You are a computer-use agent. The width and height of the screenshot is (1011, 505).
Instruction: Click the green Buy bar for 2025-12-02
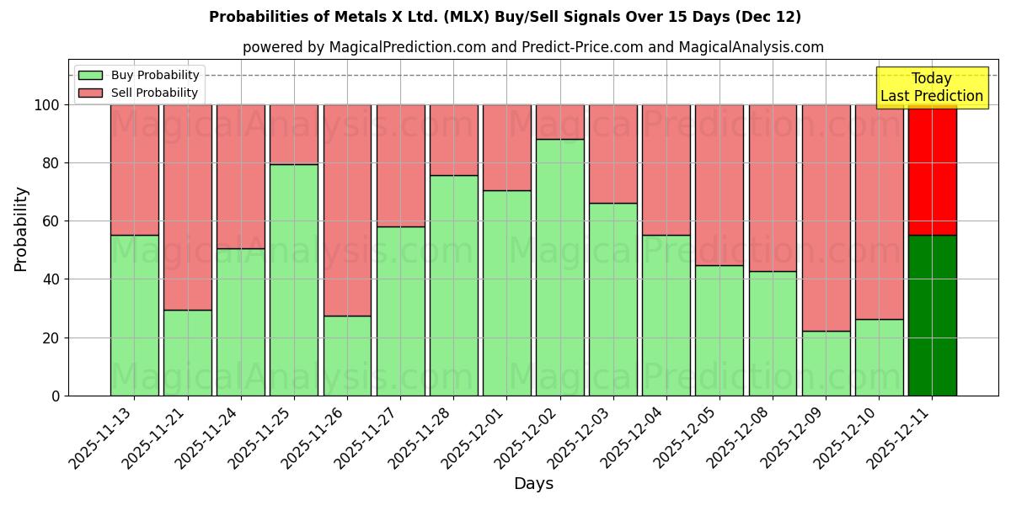pos(560,268)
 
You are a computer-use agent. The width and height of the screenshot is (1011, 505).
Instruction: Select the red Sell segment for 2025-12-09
pos(826,217)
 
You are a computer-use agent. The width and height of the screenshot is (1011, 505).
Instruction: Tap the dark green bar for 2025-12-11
pos(933,316)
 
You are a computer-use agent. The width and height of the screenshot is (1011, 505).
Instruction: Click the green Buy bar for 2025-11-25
pos(294,280)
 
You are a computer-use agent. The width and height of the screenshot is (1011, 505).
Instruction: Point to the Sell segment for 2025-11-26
pos(347,210)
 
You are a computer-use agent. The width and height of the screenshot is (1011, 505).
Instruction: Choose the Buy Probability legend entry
pos(140,75)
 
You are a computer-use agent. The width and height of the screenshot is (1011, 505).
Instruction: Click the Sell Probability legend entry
pos(140,93)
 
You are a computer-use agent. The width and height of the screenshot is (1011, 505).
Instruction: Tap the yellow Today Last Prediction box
pos(932,88)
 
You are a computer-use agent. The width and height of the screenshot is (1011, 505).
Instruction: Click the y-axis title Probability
pos(21,229)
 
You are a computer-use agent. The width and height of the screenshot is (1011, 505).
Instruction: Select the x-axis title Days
pos(533,484)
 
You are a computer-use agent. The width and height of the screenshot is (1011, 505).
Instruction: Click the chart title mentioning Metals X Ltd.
pos(505,17)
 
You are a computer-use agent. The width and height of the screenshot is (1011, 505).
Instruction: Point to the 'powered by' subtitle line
pos(532,47)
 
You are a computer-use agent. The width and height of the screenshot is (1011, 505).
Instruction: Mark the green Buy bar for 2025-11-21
pos(188,353)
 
